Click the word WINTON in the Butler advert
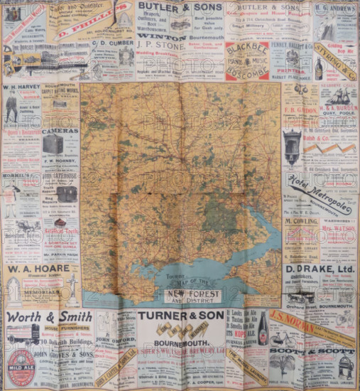[161, 36]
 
